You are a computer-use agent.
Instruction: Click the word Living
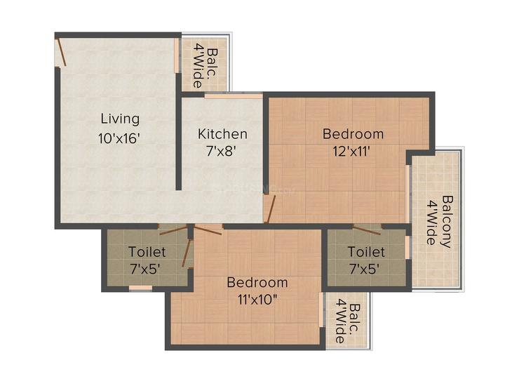[x=119, y=119]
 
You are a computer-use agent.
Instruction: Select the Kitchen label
[x=222, y=134]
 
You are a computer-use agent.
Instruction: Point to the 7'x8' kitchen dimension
[x=222, y=151]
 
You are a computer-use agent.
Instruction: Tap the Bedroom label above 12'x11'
[x=353, y=133]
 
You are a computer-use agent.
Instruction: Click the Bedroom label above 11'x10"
[x=257, y=283]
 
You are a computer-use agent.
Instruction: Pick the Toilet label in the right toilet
[x=366, y=251]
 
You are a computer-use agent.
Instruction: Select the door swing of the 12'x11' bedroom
[x=270, y=208]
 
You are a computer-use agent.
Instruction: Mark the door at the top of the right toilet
[x=366, y=229]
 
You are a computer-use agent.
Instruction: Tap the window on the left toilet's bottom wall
[x=140, y=288]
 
